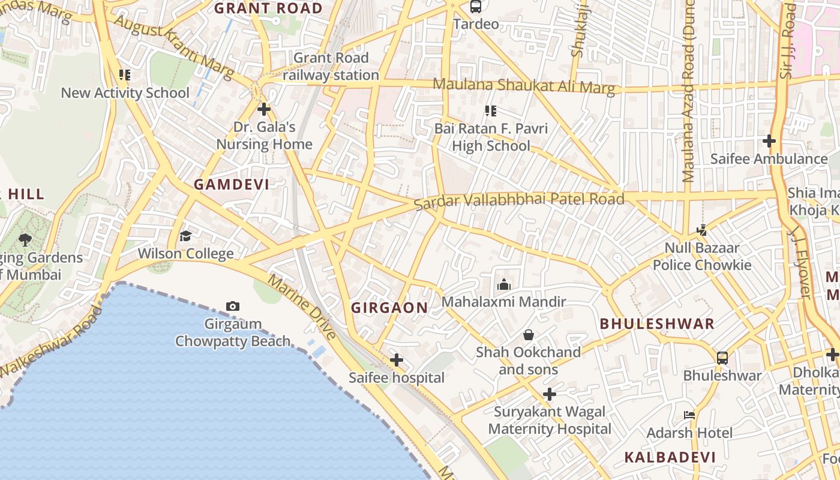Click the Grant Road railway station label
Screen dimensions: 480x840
(x=331, y=67)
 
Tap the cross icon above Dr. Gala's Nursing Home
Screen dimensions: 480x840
(x=263, y=109)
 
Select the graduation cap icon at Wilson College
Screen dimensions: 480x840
(x=185, y=236)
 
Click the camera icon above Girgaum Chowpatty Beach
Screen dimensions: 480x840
(x=233, y=307)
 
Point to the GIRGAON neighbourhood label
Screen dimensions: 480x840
(x=389, y=308)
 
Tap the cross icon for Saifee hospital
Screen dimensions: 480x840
(x=397, y=360)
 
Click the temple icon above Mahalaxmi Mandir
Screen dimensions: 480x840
(x=504, y=284)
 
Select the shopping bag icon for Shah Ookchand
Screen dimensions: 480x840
(x=529, y=335)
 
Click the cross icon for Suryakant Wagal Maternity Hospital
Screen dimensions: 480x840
(x=549, y=394)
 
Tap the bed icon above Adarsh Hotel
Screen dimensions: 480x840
(x=689, y=415)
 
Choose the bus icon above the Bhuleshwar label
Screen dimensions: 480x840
(x=722, y=358)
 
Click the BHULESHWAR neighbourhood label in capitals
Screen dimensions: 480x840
(x=657, y=324)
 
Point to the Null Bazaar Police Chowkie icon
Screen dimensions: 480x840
(x=701, y=230)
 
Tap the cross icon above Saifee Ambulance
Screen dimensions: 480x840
(x=769, y=142)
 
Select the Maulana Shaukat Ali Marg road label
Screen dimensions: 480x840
(x=524, y=86)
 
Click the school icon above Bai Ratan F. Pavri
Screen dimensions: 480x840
(x=491, y=111)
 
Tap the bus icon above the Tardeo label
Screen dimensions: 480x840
(x=476, y=7)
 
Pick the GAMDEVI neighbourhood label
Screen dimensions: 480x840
(x=232, y=184)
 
